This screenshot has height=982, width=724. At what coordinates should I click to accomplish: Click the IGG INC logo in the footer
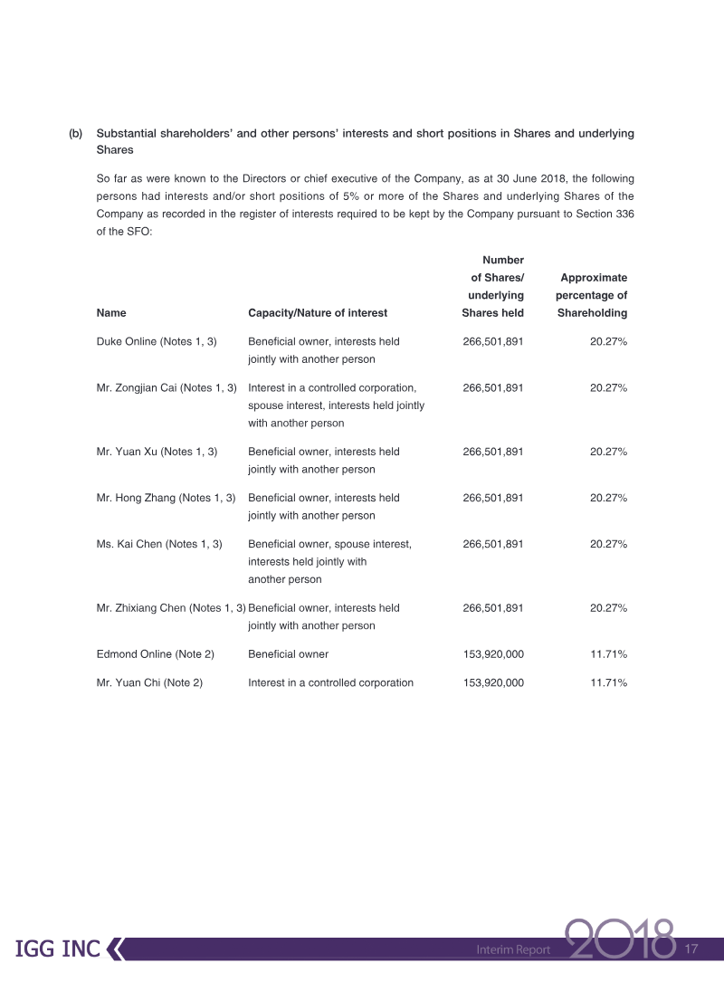click(x=58, y=949)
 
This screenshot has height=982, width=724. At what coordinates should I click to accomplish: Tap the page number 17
click(x=693, y=949)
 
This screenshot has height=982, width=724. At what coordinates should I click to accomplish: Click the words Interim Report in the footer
click(x=513, y=950)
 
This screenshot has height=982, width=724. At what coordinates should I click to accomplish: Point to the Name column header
click(x=111, y=313)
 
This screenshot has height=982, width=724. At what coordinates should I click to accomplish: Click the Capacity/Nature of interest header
click(x=317, y=313)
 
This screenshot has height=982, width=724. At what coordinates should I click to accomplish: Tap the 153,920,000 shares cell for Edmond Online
click(x=493, y=653)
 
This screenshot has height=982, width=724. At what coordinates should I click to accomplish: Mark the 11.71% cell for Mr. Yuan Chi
click(x=608, y=682)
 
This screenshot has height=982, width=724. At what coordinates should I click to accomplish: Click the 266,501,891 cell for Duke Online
click(x=493, y=341)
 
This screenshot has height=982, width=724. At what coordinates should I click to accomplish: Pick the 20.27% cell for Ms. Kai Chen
click(x=608, y=544)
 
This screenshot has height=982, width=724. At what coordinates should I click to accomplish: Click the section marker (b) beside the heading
click(x=76, y=133)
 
